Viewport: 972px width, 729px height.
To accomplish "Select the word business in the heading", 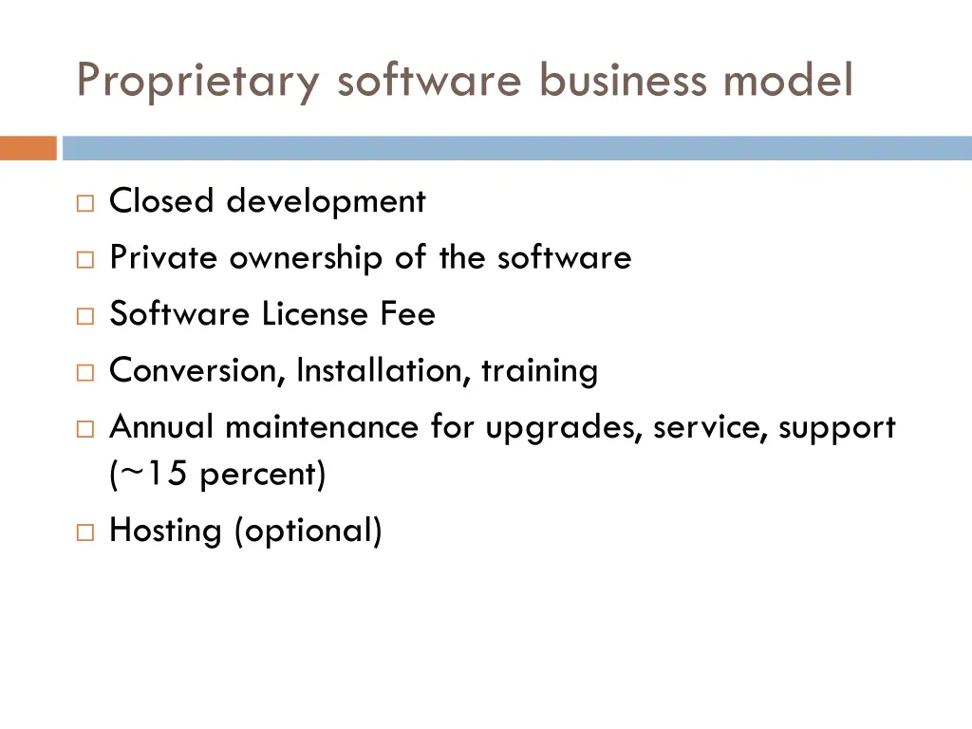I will (623, 80).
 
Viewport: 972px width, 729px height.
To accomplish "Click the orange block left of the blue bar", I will (28, 148).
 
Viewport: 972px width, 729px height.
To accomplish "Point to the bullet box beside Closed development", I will (84, 203).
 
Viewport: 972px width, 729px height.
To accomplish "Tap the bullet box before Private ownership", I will (84, 259).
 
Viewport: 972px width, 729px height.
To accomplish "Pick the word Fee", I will (408, 313).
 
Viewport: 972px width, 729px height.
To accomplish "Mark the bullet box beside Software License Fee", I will (84, 315).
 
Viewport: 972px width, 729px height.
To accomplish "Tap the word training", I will (539, 370).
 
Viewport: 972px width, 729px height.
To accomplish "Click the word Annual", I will (163, 427).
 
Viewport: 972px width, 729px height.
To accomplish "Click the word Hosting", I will (165, 530).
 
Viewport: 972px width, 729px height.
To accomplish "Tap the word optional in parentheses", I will (308, 530).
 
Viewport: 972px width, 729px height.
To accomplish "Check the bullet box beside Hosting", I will (84, 533).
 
